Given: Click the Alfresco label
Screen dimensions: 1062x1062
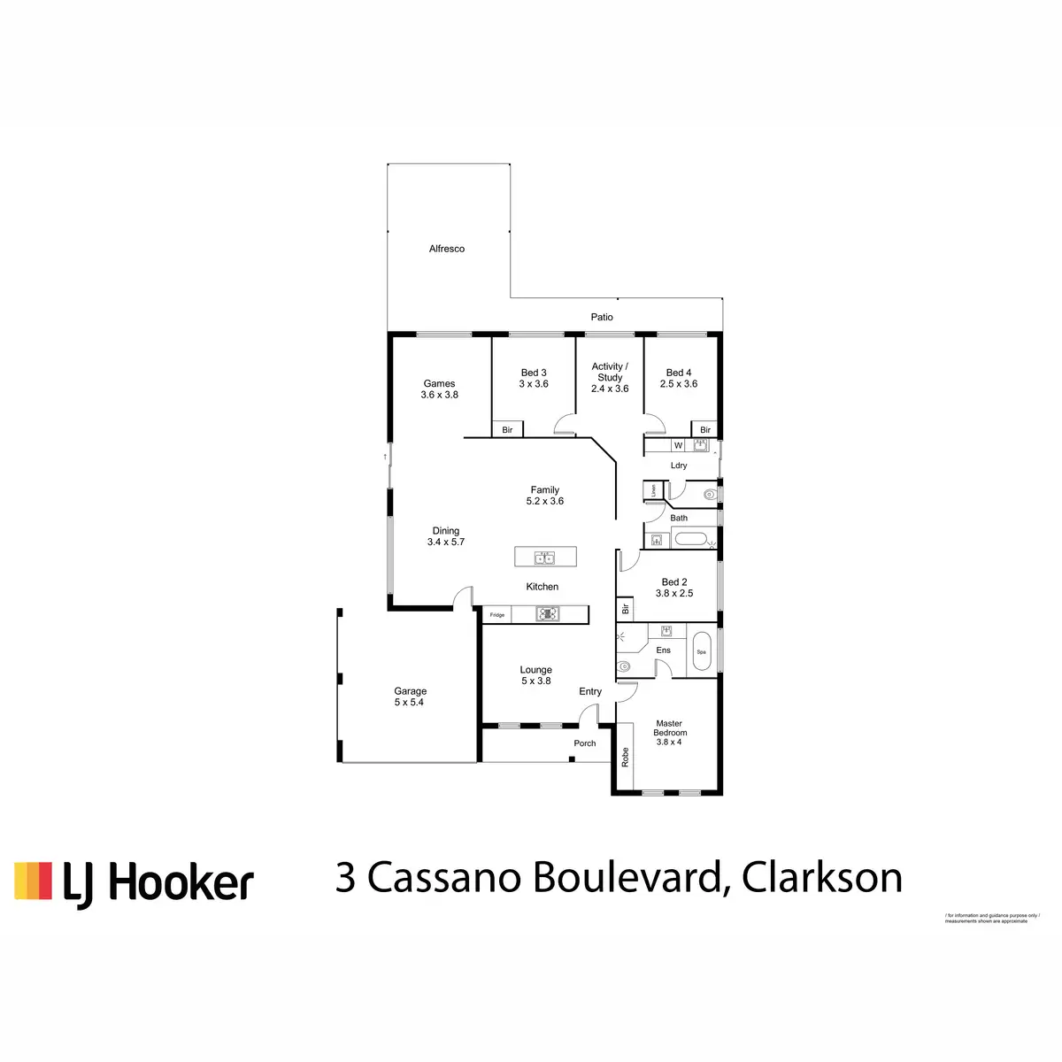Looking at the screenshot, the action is (x=447, y=250).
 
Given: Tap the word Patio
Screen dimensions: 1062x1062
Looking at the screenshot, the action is (x=602, y=317).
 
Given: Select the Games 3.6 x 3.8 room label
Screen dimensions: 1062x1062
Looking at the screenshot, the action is (x=439, y=389).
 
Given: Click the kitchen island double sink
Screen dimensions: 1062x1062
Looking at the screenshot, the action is (x=545, y=558).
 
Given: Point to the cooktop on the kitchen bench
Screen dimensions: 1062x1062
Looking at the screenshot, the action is (x=548, y=613).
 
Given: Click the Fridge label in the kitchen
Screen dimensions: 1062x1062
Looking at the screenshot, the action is (x=497, y=615).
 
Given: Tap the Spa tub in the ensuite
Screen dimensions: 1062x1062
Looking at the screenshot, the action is (x=701, y=651).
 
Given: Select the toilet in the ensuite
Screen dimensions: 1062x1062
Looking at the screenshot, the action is (x=625, y=666).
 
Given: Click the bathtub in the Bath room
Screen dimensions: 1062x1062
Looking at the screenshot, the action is (x=690, y=538).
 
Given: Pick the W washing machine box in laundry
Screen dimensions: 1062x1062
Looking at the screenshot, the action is (x=678, y=446).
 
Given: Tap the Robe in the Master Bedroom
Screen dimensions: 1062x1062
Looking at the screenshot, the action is (x=625, y=757).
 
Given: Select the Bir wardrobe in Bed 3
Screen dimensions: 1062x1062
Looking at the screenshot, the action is (x=507, y=430).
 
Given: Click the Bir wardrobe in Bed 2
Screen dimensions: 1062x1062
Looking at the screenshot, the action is (x=625, y=608).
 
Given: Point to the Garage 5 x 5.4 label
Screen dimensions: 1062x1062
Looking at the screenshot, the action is (x=410, y=696).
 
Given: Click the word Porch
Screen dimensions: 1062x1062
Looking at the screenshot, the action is (x=585, y=743).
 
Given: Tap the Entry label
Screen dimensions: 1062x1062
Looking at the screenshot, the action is (x=590, y=692).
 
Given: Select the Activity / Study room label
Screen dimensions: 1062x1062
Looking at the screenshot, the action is (x=610, y=377).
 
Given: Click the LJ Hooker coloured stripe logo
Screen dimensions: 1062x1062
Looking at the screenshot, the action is (x=33, y=881).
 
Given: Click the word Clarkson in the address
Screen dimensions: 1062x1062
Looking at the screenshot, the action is (x=822, y=878).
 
